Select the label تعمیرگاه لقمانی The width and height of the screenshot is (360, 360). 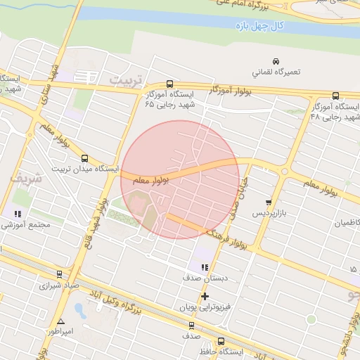(x=276, y=72)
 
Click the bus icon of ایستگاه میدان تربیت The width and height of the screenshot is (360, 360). (x=84, y=158)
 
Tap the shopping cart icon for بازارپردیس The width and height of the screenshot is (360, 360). (x=268, y=202)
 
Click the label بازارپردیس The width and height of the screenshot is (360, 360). (x=271, y=212)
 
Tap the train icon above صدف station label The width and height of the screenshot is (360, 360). (x=191, y=325)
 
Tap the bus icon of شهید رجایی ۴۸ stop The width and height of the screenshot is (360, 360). (x=335, y=96)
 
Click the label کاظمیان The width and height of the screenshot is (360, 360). (x=342, y=223)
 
